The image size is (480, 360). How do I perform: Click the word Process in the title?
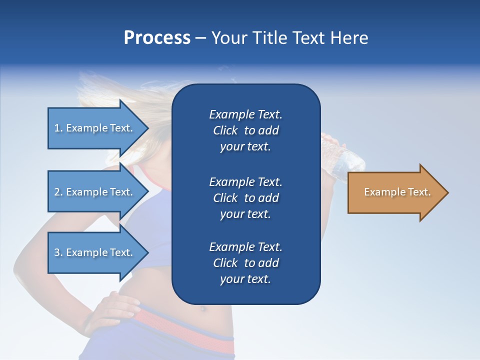pos(157,38)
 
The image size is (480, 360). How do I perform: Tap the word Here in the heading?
pos(349,38)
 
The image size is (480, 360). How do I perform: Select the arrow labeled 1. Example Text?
pos(95,128)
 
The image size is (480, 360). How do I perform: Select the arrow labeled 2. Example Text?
pos(95,192)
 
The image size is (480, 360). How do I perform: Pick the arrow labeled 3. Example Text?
pos(95,252)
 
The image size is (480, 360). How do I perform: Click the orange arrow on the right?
pos(395,192)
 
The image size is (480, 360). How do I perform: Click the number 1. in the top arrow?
pos(58,128)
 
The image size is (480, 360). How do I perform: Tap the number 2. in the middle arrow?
pos(58,192)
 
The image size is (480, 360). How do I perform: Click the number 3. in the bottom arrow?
pos(58,252)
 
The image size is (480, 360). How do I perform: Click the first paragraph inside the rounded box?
pos(245,130)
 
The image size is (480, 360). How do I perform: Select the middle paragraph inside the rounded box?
pos(245,198)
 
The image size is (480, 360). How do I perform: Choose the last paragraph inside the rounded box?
pos(245,263)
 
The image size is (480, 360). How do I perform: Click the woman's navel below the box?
pos(202,308)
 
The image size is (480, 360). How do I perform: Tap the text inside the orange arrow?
pos(397,192)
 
